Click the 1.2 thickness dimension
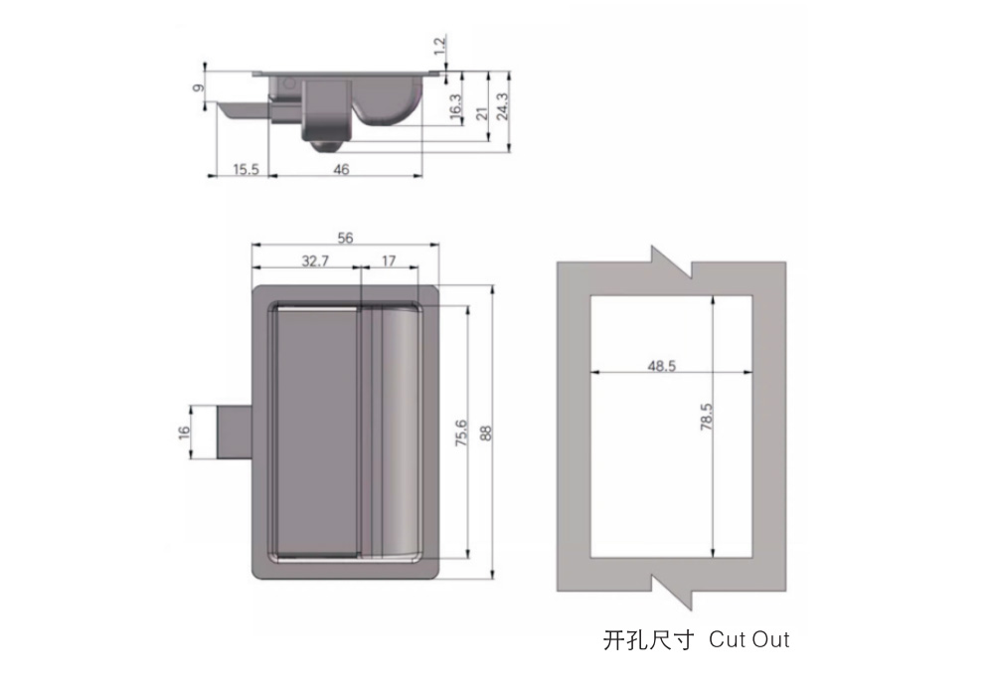click(x=440, y=46)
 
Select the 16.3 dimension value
click(x=455, y=105)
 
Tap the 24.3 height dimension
click(x=502, y=105)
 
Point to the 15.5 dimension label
click(x=246, y=169)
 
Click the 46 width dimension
click(x=341, y=169)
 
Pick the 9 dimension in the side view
click(x=199, y=88)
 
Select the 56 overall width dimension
click(x=345, y=238)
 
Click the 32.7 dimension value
click(x=315, y=261)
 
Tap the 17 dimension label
click(x=389, y=261)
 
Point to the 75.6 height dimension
click(x=461, y=433)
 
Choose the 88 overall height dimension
click(x=486, y=433)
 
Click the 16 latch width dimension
click(x=184, y=433)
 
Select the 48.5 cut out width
click(x=661, y=366)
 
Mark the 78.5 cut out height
click(x=706, y=417)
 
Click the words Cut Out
click(x=749, y=639)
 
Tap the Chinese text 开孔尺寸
click(x=648, y=640)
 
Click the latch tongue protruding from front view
click(x=235, y=433)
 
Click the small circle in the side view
click(x=289, y=84)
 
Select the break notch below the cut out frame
click(x=671, y=592)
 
